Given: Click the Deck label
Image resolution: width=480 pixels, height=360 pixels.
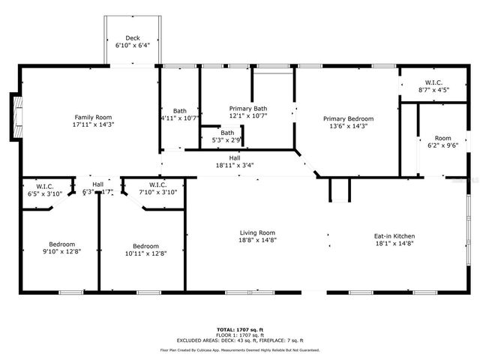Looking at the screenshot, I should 132,37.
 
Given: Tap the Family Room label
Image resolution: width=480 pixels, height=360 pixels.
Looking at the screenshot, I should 93,117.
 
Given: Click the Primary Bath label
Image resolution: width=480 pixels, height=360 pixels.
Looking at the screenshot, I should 247,109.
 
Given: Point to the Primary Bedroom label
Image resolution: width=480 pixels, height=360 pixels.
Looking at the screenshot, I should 348,118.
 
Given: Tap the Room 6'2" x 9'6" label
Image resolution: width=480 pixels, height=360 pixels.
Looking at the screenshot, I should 442,138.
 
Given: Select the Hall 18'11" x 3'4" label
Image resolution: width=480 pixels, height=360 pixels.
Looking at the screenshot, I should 235,158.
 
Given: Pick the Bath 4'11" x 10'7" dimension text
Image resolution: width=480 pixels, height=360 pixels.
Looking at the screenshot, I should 180,118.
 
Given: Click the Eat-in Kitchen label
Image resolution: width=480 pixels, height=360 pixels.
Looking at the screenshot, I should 394,236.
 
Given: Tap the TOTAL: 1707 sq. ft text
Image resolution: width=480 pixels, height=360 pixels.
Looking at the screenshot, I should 240,329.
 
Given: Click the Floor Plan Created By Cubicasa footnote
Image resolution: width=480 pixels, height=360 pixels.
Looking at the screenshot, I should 240,350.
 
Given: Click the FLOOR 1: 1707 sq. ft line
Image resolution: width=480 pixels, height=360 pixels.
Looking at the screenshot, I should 240,334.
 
